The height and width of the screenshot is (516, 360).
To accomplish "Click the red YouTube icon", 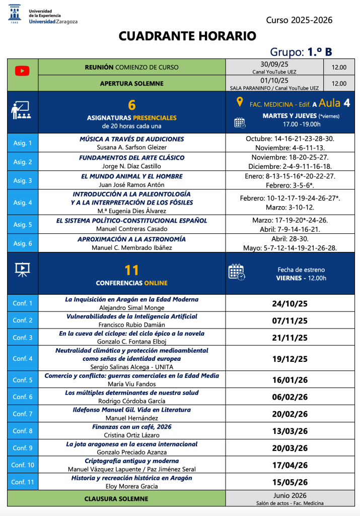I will pyautogui.click(x=22, y=71).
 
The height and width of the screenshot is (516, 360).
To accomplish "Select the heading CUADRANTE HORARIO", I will pyautogui.click(x=187, y=36).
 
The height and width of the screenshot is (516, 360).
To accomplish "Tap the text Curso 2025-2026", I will pyautogui.click(x=299, y=20).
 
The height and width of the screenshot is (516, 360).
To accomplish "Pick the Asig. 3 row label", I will pyautogui.click(x=23, y=180).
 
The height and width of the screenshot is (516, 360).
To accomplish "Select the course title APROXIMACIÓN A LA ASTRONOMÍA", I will pyautogui.click(x=131, y=239).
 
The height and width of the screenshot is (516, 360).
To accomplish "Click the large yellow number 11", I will pyautogui.click(x=131, y=270).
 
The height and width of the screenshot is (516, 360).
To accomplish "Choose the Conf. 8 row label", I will pyautogui.click(x=23, y=431).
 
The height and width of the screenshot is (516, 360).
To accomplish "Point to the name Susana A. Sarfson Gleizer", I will pyautogui.click(x=131, y=148).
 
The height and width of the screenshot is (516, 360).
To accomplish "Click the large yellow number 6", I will pyautogui.click(x=132, y=105).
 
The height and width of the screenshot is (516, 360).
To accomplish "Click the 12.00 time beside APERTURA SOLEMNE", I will pyautogui.click(x=339, y=84).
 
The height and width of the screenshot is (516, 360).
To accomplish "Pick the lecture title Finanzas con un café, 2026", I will pyautogui.click(x=131, y=427).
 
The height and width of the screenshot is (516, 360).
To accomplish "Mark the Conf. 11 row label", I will pyautogui.click(x=23, y=482).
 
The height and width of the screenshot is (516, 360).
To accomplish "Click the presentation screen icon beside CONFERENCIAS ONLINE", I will pyautogui.click(x=22, y=270).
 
